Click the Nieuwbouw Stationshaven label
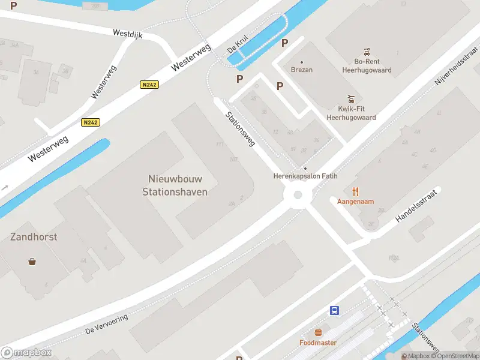[175, 185]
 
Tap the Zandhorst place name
[34, 236]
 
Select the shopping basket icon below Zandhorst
[32, 261]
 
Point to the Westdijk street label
[127, 35]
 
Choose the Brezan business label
[302, 70]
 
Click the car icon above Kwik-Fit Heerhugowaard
[352, 98]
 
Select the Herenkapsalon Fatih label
[305, 176]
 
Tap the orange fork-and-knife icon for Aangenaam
[355, 191]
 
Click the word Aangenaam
[355, 202]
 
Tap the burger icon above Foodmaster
[318, 332]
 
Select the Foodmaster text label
[318, 343]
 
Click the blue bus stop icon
[334, 310]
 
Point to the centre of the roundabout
[297, 195]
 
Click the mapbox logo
[26, 353]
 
